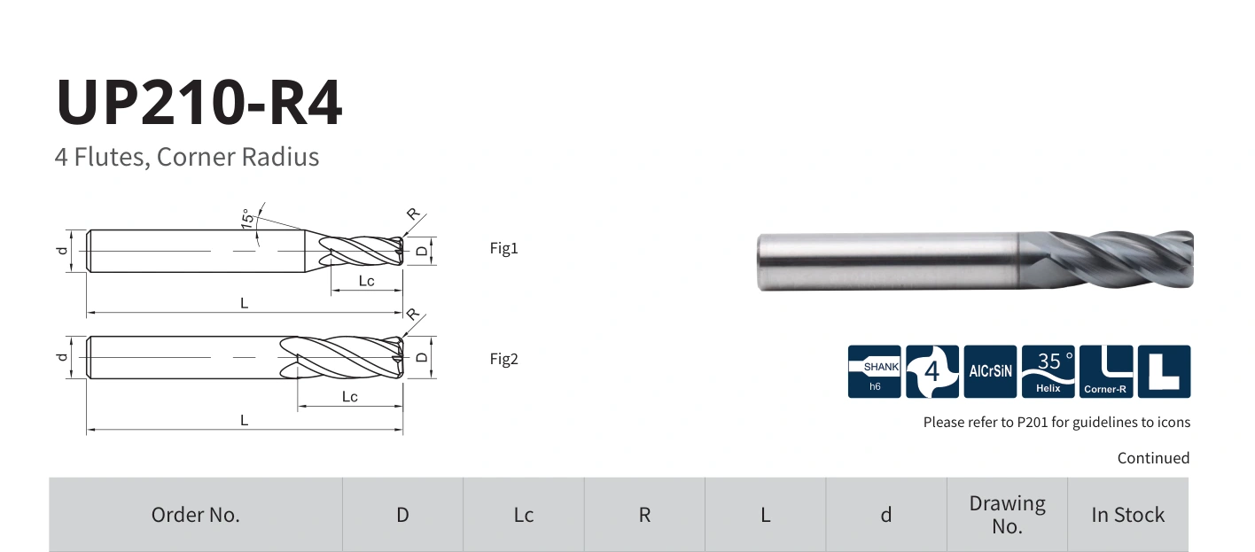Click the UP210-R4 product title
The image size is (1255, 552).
coord(199,103)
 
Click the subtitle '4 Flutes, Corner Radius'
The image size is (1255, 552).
coord(187,157)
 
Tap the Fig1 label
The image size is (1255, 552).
coord(503,248)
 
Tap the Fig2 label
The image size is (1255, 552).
coord(503,359)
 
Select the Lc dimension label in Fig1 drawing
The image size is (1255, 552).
coord(366,281)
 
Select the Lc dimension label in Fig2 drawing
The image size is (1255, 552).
coord(349,397)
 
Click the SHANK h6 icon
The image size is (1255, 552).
coord(874,372)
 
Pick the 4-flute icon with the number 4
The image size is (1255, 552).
coord(932,372)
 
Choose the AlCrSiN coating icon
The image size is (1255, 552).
coord(990,372)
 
